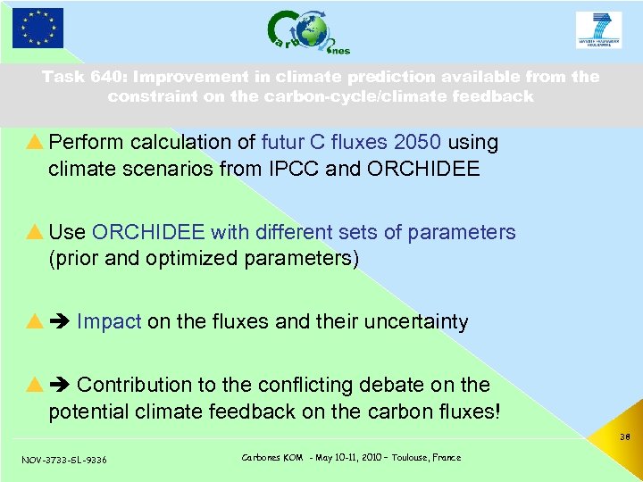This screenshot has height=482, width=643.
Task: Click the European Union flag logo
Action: tap(38, 28)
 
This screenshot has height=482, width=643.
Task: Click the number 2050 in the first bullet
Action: tap(418, 143)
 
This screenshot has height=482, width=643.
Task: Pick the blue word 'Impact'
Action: tap(109, 322)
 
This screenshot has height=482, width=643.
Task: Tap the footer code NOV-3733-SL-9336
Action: tap(63, 460)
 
